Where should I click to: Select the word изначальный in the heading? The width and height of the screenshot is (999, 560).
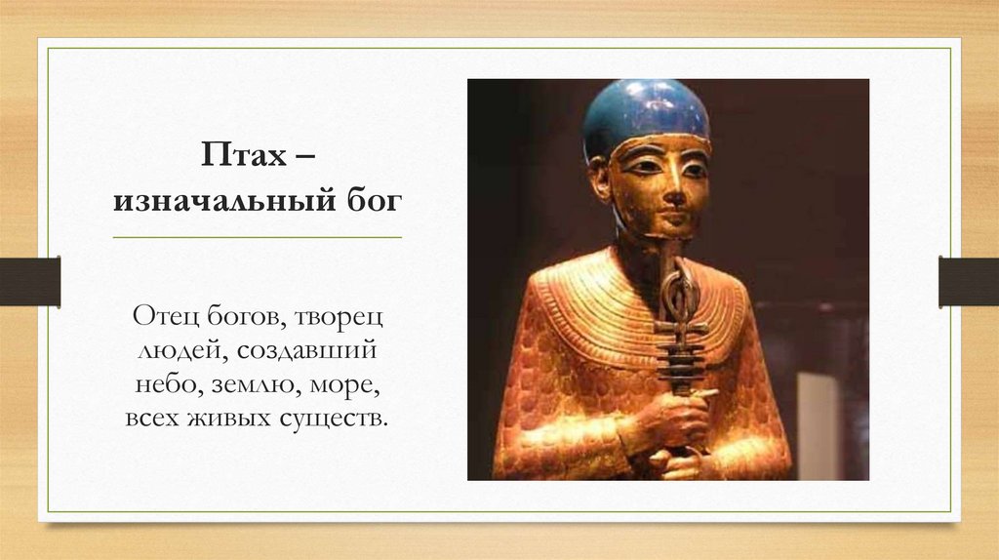(x=220, y=202)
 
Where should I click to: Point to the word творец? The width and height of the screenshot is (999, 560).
(x=339, y=317)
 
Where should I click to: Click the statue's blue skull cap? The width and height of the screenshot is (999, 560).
(x=646, y=111)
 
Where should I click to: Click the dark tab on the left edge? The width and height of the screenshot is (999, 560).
(x=29, y=281)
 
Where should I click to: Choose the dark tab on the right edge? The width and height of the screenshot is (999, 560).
(x=969, y=281)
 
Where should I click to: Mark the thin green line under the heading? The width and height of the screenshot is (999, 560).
(x=257, y=237)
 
